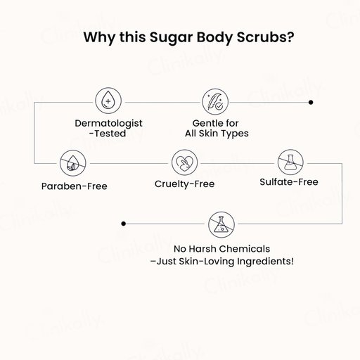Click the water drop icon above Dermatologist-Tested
pos(108,101)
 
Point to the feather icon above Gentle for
pos(215,102)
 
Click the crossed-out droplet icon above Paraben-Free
pos(73,163)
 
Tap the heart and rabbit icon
pos(185,162)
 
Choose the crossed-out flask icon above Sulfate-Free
pos(290,162)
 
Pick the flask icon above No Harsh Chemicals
pos(221,224)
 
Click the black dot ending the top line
pos(311,103)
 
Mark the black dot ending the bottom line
pos(124,224)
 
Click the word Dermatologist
pos(108,124)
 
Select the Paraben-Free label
pos(75,186)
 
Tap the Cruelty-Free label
pos(185,184)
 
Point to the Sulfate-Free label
pos(289,182)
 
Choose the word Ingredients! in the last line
pos(265,262)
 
